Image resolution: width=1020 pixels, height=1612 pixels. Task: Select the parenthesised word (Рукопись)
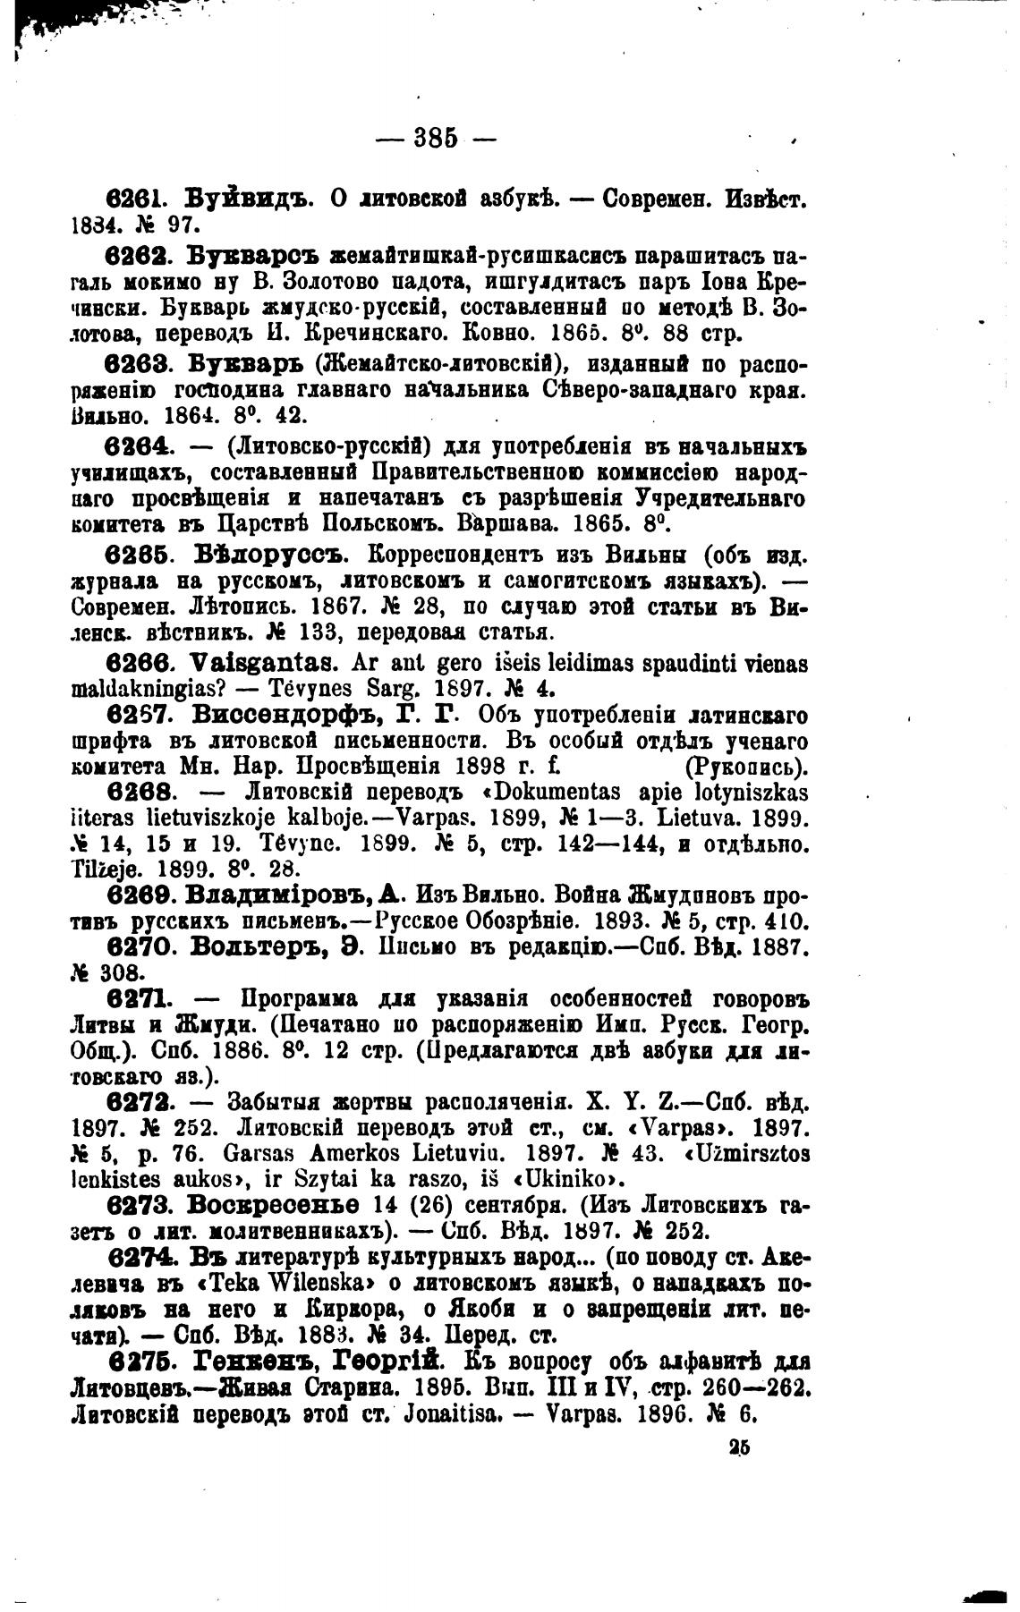click(x=745, y=766)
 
